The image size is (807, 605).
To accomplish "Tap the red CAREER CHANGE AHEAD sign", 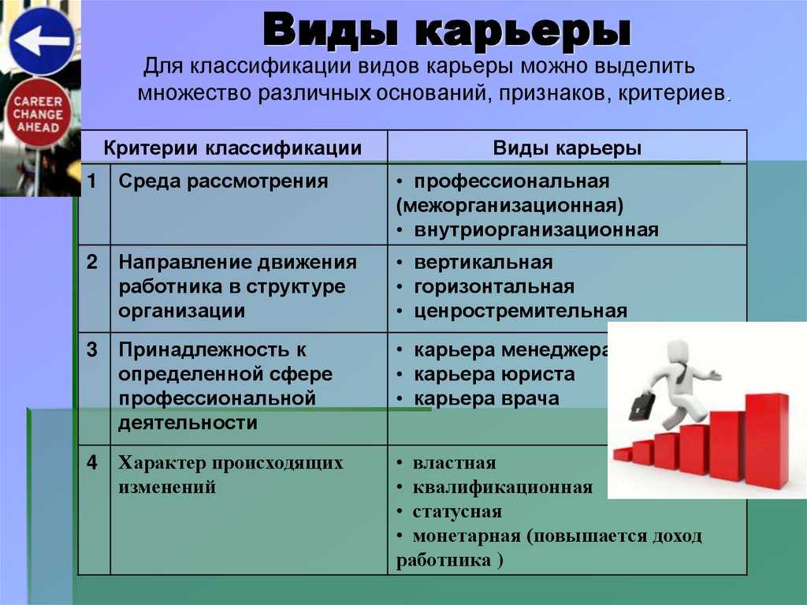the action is point(38,114).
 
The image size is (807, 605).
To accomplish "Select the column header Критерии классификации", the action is point(232,148).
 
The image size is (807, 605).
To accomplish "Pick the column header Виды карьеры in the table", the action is point(567,148).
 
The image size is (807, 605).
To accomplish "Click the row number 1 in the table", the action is point(91,181).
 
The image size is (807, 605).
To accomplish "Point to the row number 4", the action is point(91,462).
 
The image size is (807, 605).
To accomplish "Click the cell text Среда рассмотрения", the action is point(223,181).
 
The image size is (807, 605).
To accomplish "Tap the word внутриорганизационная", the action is point(536,230).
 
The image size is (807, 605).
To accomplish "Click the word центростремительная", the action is point(520,312).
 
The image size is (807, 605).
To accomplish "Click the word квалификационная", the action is point(503,487).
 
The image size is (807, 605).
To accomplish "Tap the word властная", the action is point(455,463).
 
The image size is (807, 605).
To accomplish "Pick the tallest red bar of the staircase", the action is point(767,441).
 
